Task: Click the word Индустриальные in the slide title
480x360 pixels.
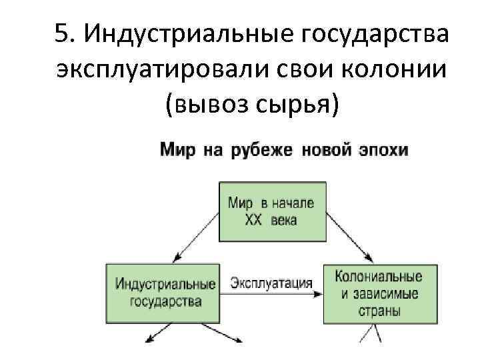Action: (179, 33)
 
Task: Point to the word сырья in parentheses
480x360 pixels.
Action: (299, 104)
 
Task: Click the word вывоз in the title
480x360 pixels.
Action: (208, 104)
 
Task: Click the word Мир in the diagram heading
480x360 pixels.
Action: (177, 149)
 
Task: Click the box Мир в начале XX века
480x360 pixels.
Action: (273, 211)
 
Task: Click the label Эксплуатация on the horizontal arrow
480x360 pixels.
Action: (271, 283)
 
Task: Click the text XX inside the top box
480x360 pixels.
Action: (253, 220)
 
